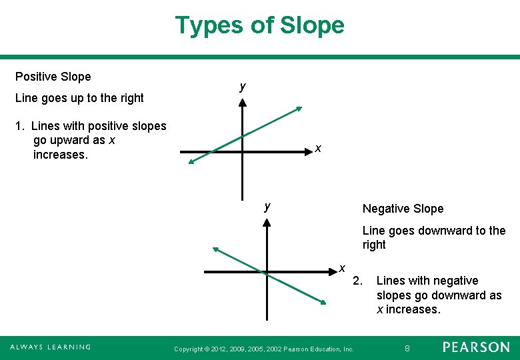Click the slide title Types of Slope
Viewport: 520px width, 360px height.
coord(259,25)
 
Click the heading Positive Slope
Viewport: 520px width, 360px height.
coord(53,77)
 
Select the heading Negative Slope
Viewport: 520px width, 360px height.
coord(403,209)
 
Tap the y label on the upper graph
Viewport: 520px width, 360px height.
coord(243,87)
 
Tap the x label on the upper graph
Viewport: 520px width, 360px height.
coord(319,148)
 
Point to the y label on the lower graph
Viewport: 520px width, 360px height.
coord(267,206)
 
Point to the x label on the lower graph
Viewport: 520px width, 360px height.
coord(341,268)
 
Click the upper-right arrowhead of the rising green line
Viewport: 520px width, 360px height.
coord(299,108)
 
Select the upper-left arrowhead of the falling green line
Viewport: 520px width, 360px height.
coord(215,249)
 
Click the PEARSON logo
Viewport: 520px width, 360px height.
coord(476,347)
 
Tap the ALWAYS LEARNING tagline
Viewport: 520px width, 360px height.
coord(51,347)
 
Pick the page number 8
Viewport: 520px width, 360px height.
coord(409,347)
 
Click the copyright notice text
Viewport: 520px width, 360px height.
coord(263,349)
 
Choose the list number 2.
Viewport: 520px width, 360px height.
coord(357,281)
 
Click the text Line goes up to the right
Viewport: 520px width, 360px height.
coord(79,98)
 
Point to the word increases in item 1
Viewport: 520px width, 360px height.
coord(60,155)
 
